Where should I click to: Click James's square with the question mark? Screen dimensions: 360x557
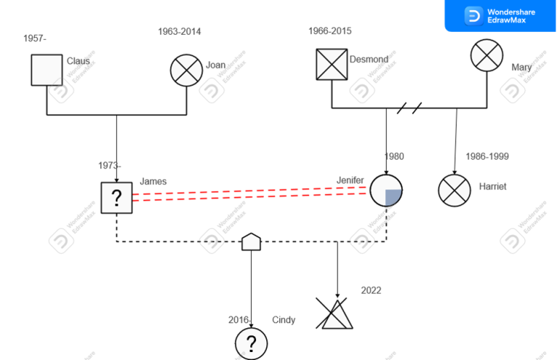[117, 197]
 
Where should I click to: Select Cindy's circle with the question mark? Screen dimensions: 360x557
[251, 343]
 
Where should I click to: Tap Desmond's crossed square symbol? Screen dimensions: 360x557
[332, 64]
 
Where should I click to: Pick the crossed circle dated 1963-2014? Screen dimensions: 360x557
[186, 70]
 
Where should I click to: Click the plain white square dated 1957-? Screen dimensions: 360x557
[46, 70]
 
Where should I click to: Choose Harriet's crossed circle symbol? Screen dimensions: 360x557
[454, 190]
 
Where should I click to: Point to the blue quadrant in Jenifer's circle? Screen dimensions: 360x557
[392, 197]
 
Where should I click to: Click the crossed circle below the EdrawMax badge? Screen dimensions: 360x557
[487, 54]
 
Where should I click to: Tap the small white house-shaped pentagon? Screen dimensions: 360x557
[251, 242]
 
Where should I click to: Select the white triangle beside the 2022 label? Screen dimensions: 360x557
[339, 316]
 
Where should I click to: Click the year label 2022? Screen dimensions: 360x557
[371, 290]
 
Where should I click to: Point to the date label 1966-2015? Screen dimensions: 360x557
[330, 31]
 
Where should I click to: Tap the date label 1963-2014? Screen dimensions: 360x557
[179, 31]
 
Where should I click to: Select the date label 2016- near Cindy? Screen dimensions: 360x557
[239, 320]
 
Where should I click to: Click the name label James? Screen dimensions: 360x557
[153, 181]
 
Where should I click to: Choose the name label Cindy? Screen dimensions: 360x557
[284, 320]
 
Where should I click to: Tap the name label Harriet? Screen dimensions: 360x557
[493, 187]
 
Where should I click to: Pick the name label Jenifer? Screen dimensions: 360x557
[350, 180]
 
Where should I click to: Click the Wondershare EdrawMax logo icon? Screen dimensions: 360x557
[474, 15]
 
